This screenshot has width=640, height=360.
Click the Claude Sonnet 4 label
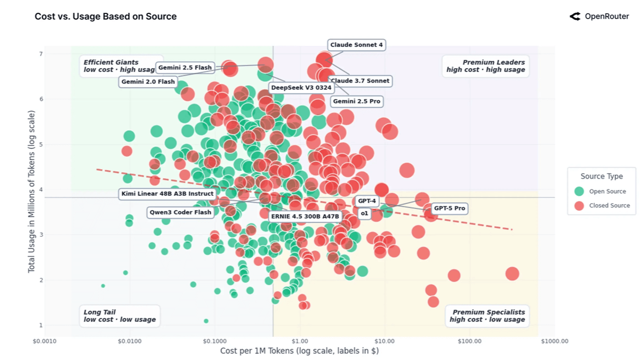click(356, 45)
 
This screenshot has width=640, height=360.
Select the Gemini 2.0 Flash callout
click(148, 82)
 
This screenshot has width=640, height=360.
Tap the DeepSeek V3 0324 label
click(301, 87)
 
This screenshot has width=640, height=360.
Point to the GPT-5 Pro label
click(449, 209)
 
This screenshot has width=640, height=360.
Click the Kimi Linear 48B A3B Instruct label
click(167, 194)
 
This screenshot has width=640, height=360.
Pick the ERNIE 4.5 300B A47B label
click(305, 217)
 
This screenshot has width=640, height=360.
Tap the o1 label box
click(364, 213)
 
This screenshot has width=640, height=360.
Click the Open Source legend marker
click(579, 191)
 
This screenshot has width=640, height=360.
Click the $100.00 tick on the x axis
click(469, 341)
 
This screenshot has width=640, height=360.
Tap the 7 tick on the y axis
click(41, 54)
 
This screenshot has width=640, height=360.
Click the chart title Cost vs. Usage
click(106, 17)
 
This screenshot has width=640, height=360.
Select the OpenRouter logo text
click(606, 17)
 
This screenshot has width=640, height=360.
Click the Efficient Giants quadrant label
click(111, 62)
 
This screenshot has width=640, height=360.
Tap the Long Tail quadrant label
click(100, 312)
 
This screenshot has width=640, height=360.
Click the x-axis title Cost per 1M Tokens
click(299, 351)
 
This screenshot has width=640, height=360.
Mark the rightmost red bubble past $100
click(512, 274)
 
